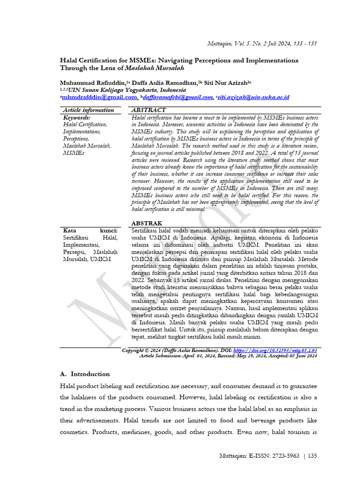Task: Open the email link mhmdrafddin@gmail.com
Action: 99,97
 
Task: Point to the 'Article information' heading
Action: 88,110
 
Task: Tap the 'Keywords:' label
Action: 76,118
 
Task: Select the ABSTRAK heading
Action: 147,223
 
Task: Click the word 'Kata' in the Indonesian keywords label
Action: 69,231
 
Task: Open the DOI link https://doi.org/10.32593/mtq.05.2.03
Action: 275,350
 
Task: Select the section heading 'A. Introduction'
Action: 85,374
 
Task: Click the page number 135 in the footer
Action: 312,456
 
